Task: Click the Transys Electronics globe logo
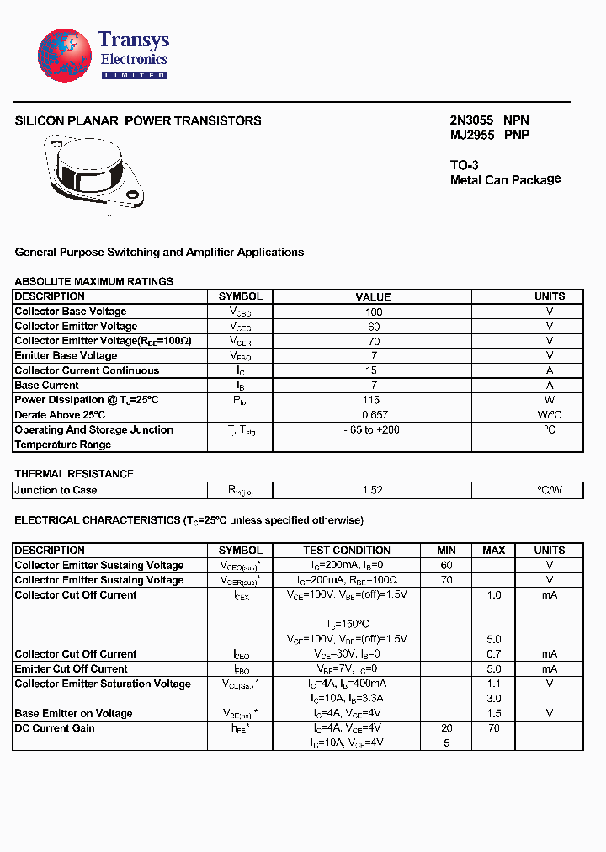pos(64,54)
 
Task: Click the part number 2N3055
pos(471,120)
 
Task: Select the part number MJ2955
pos(471,135)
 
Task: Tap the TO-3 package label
pos(464,166)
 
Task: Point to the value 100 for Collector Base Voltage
pos(373,312)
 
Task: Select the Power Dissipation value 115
pos(371,400)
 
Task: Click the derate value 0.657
pos(373,415)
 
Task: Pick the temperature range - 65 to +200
pos(371,430)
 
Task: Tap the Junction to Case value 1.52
pos(373,490)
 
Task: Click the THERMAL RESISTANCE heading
pos(74,474)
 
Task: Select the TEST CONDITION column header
pos(347,551)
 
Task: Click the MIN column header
pos(446,551)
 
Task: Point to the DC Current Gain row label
pos(55,728)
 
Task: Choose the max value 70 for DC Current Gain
pos(493,728)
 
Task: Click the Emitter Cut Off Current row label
pos(72,669)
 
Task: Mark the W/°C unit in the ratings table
pos(550,415)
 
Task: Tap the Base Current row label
pos(47,386)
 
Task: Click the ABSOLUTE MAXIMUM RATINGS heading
pos(93,281)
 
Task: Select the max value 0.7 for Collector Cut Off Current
pos(493,654)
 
